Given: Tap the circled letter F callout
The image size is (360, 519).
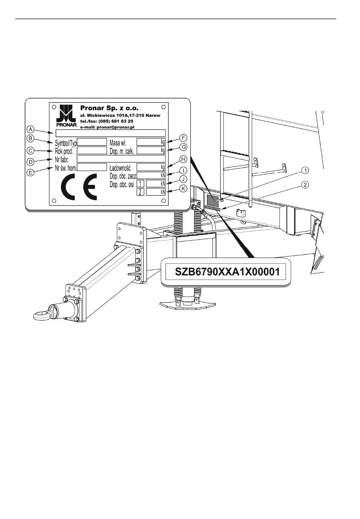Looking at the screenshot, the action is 183,138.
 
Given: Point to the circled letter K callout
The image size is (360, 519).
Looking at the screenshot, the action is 183,188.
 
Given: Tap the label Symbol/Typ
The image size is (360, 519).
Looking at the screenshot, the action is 66,143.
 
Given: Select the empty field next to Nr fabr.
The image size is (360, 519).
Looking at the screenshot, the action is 121,158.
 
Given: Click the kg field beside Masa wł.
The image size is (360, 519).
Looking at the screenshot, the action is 151,142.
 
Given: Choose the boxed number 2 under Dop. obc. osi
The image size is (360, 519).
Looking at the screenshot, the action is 140,192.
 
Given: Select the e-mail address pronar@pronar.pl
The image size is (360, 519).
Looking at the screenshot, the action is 107,127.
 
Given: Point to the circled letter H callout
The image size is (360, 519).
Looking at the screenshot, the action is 183,159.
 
